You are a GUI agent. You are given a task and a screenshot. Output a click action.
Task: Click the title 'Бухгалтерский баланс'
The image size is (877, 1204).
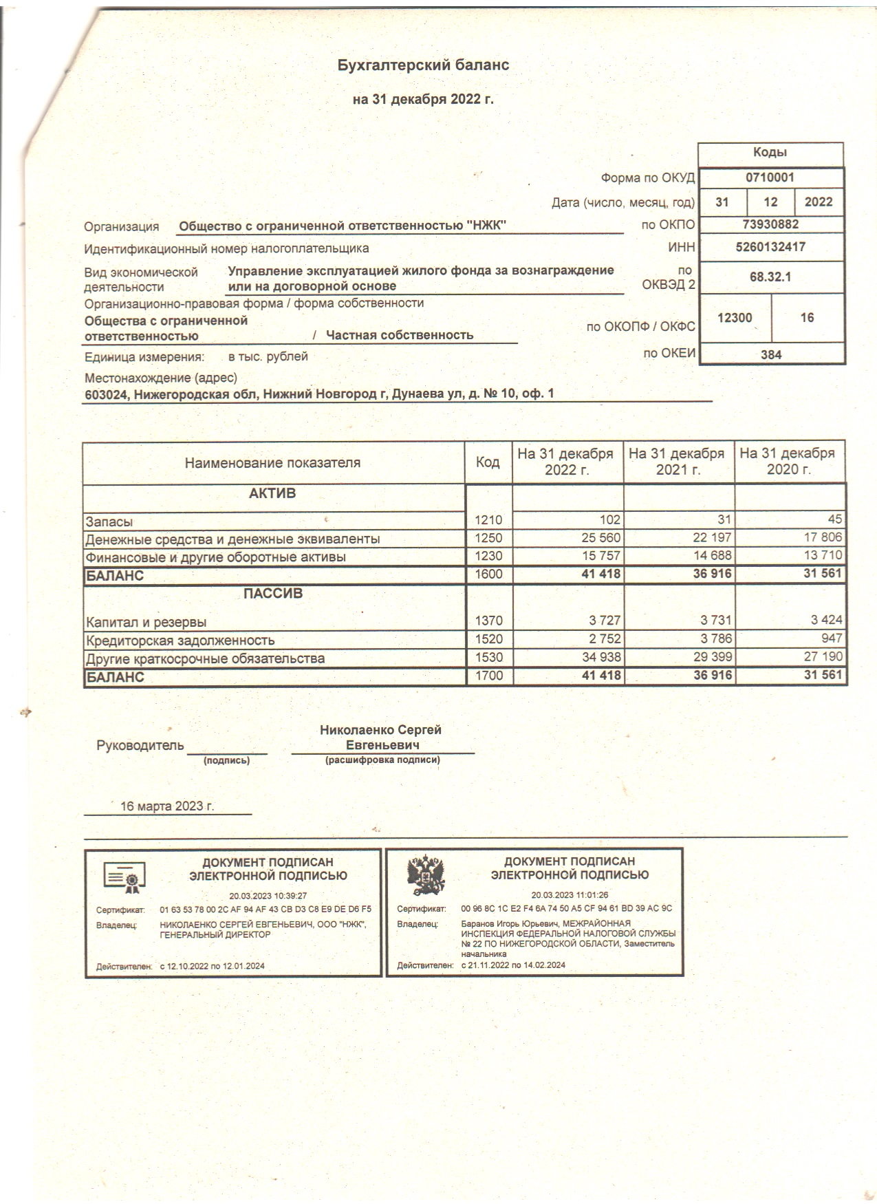(423, 65)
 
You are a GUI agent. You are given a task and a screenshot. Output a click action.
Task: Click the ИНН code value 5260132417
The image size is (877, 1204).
(770, 246)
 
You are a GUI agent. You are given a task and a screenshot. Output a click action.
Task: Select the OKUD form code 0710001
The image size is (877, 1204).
(770, 178)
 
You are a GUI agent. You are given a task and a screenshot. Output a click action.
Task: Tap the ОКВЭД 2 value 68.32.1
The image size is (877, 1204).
(770, 277)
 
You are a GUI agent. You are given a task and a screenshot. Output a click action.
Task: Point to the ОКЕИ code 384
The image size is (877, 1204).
(771, 355)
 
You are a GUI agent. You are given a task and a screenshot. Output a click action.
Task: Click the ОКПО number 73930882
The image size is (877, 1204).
(770, 224)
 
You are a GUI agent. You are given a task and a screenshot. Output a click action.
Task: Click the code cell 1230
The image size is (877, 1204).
(488, 556)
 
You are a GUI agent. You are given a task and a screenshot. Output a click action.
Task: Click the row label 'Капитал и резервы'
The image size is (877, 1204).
(146, 623)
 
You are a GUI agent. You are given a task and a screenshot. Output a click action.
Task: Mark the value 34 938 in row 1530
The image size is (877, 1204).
(601, 657)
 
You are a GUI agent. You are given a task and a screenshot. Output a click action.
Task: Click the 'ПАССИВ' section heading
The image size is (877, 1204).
(273, 594)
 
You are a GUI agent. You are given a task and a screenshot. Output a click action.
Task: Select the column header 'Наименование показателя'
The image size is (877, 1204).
(272, 463)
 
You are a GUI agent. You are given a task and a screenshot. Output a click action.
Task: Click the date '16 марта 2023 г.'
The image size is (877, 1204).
(167, 806)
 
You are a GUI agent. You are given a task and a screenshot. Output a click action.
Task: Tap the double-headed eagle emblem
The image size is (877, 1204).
(426, 877)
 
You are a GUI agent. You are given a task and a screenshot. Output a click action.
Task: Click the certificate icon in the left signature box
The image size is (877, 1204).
(124, 877)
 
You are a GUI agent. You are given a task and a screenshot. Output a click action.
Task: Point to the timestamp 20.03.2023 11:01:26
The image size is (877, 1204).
(570, 895)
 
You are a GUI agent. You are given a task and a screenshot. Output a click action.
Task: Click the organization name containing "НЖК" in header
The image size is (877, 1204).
(343, 226)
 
